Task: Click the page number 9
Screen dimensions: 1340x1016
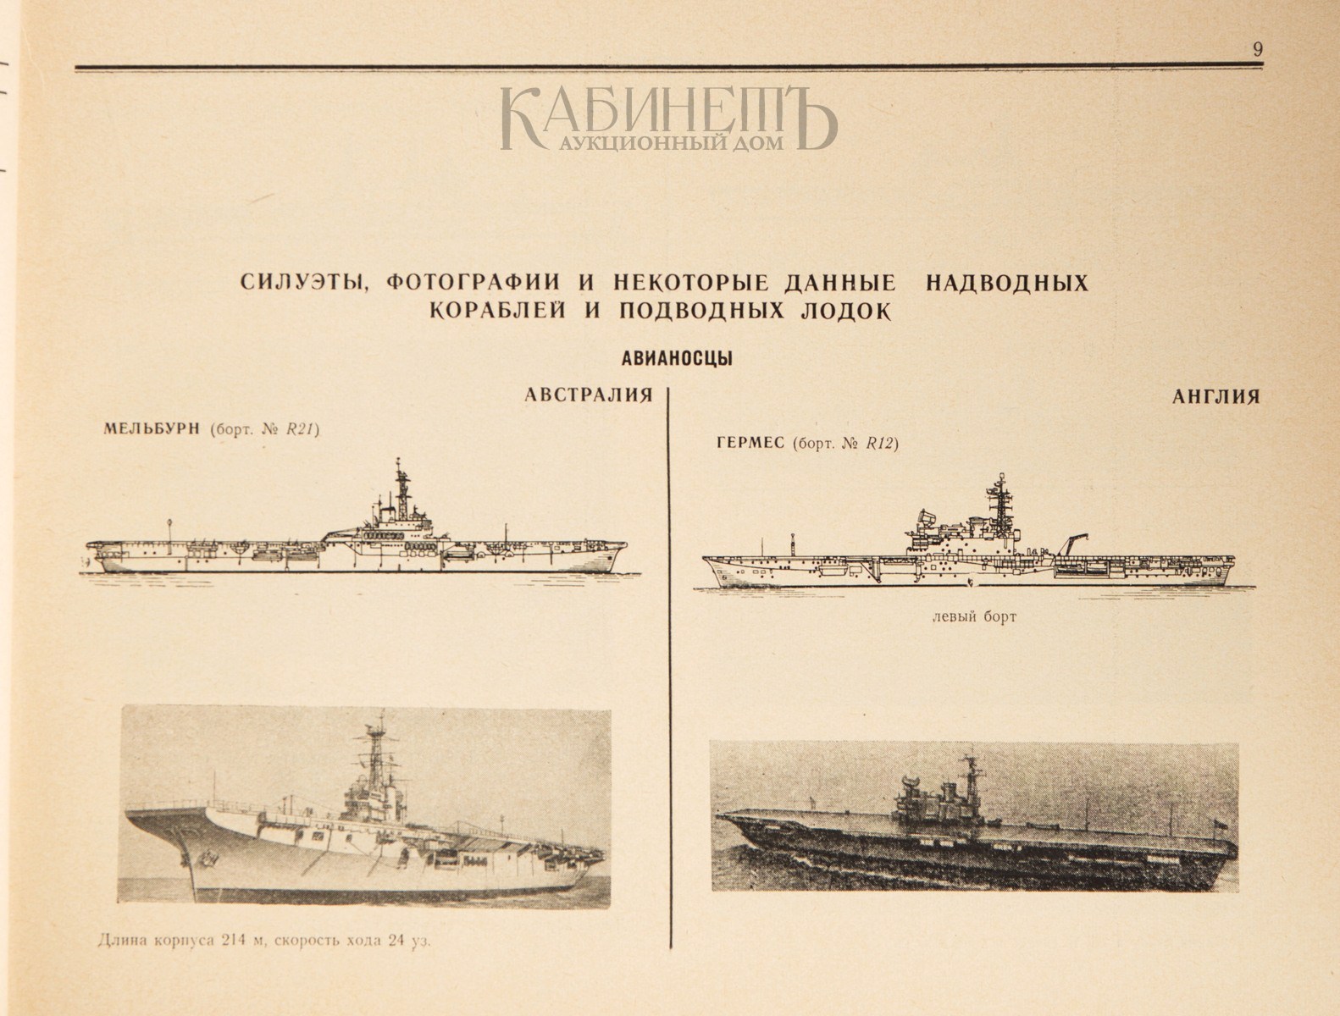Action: [1258, 49]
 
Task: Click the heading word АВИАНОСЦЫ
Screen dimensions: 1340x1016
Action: [677, 359]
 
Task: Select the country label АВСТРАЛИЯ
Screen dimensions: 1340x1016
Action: [589, 395]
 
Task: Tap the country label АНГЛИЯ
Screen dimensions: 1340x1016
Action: [1216, 397]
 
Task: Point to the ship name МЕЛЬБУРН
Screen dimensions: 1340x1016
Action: [152, 428]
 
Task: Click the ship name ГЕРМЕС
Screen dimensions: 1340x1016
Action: [750, 443]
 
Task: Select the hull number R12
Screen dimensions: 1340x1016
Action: [880, 444]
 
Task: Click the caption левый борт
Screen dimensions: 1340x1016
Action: [974, 617]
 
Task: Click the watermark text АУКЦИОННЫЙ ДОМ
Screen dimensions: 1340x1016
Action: [671, 143]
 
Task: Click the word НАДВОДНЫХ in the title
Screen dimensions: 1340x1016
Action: [1007, 283]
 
